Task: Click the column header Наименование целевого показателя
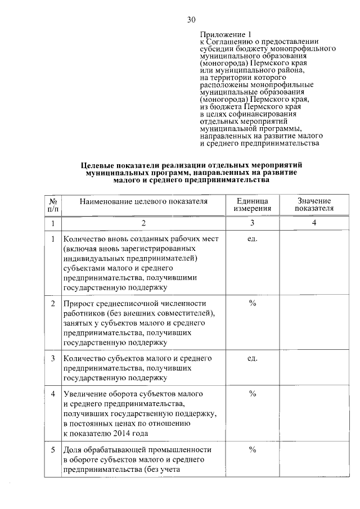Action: (143, 201)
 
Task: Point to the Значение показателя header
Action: (314, 205)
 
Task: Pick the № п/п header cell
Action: (54, 205)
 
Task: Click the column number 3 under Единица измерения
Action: (253, 223)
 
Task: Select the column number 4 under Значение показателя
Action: (314, 223)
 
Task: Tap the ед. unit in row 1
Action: (253, 239)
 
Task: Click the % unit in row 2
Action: (253, 303)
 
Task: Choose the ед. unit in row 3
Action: (253, 358)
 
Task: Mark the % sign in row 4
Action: (253, 394)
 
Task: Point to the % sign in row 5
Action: (253, 450)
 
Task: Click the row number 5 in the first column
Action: (53, 450)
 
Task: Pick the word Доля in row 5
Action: (74, 450)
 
